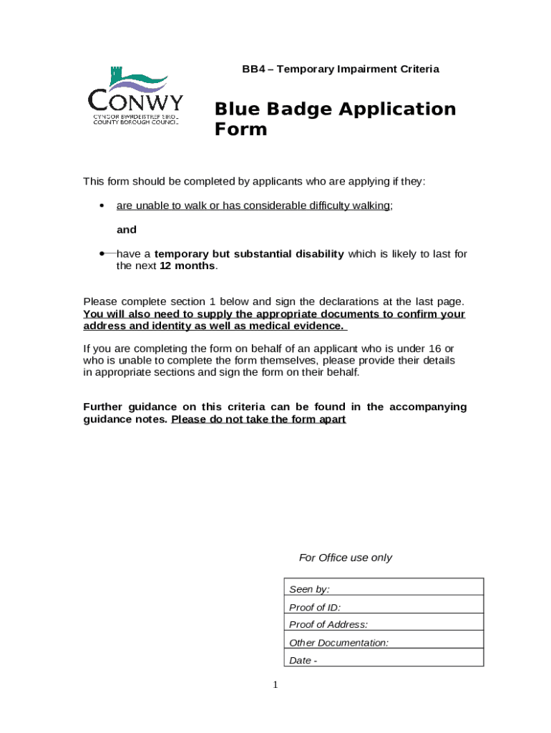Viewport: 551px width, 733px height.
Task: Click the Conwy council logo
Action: [135, 96]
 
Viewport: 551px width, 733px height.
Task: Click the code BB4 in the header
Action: [253, 69]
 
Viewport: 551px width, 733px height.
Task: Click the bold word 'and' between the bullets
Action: [127, 230]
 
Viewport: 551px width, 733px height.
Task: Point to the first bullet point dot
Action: [102, 206]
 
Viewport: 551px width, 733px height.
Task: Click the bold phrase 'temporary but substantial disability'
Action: [249, 254]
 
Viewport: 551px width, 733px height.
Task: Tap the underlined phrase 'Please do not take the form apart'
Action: [258, 419]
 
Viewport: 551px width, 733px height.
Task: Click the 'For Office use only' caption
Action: [345, 558]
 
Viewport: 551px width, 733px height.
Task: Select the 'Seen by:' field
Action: [383, 589]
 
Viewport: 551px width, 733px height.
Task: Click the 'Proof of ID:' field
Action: [383, 607]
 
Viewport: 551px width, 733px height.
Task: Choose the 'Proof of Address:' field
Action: [383, 624]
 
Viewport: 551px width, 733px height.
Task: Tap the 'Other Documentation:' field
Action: [383, 642]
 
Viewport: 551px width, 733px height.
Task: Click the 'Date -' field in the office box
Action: [383, 660]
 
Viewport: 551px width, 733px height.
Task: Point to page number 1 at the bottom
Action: [275, 686]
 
